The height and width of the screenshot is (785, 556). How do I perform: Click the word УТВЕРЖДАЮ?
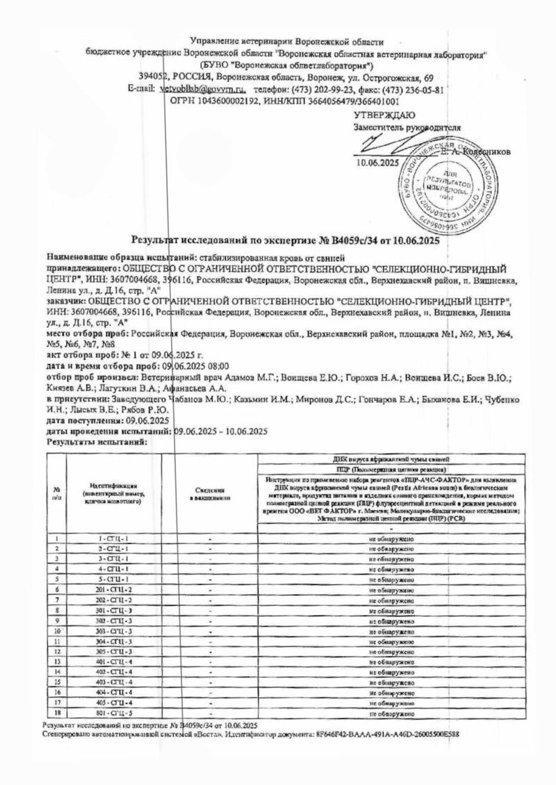(x=385, y=115)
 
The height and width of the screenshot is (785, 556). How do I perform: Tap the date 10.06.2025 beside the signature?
(x=375, y=163)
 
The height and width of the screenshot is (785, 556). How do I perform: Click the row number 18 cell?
(x=56, y=713)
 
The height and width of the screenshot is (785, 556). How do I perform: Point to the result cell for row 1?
(x=392, y=539)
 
